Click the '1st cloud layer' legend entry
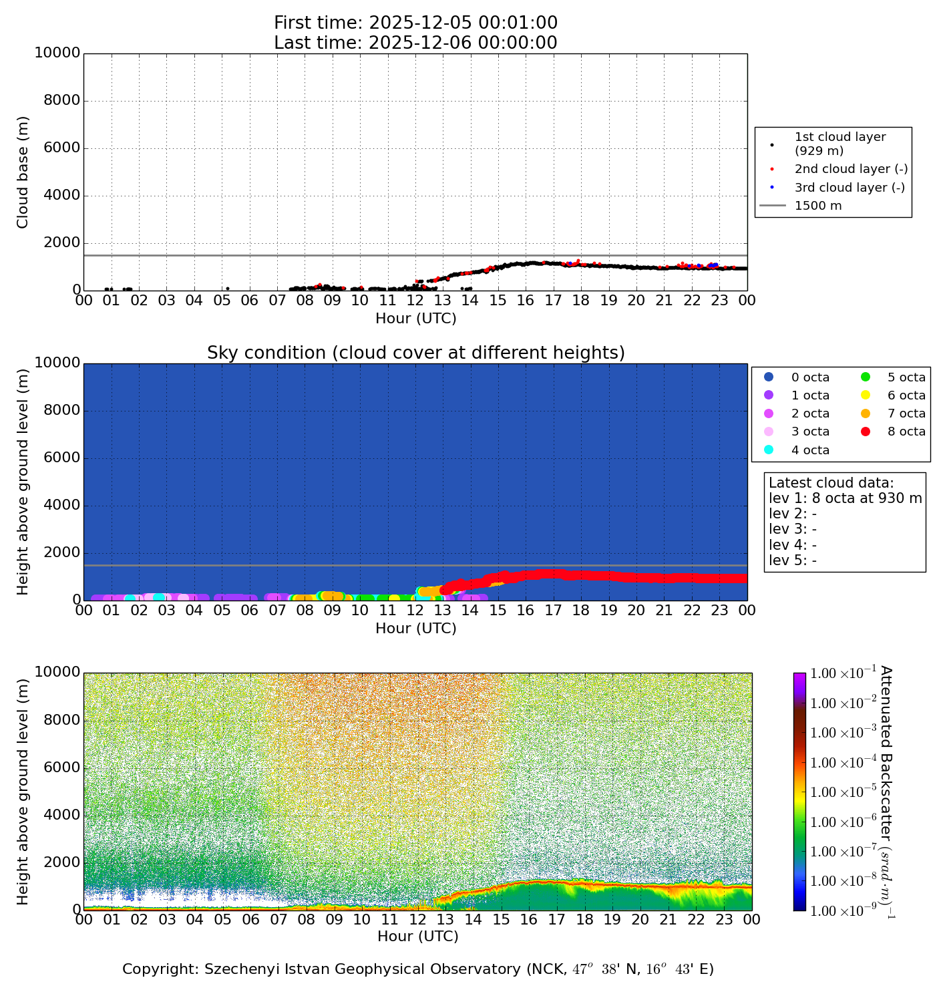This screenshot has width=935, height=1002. (x=839, y=144)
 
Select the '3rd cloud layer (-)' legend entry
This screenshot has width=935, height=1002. (x=850, y=188)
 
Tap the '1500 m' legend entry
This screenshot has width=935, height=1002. (x=818, y=206)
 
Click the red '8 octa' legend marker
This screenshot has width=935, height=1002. (x=866, y=432)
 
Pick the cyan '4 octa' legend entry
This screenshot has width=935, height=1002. (x=810, y=450)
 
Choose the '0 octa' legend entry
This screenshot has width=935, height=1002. (x=810, y=377)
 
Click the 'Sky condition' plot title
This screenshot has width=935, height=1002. (x=415, y=353)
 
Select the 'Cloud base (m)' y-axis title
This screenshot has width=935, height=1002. (x=23, y=172)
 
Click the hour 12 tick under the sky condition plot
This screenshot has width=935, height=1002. (x=415, y=611)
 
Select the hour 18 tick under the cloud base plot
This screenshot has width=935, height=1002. (x=581, y=301)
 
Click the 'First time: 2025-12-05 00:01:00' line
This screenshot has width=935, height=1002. (x=415, y=23)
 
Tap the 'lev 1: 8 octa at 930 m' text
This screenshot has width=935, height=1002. (x=845, y=498)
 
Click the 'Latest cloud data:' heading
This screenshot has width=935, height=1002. (x=831, y=483)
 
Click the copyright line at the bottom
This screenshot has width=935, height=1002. (x=418, y=969)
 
